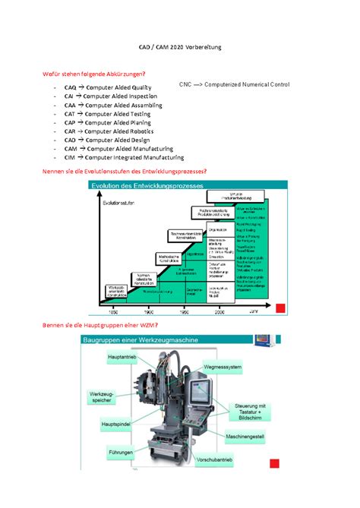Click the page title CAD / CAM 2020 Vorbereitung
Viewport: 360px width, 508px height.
tap(179, 48)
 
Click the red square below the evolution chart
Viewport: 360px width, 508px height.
tap(280, 308)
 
